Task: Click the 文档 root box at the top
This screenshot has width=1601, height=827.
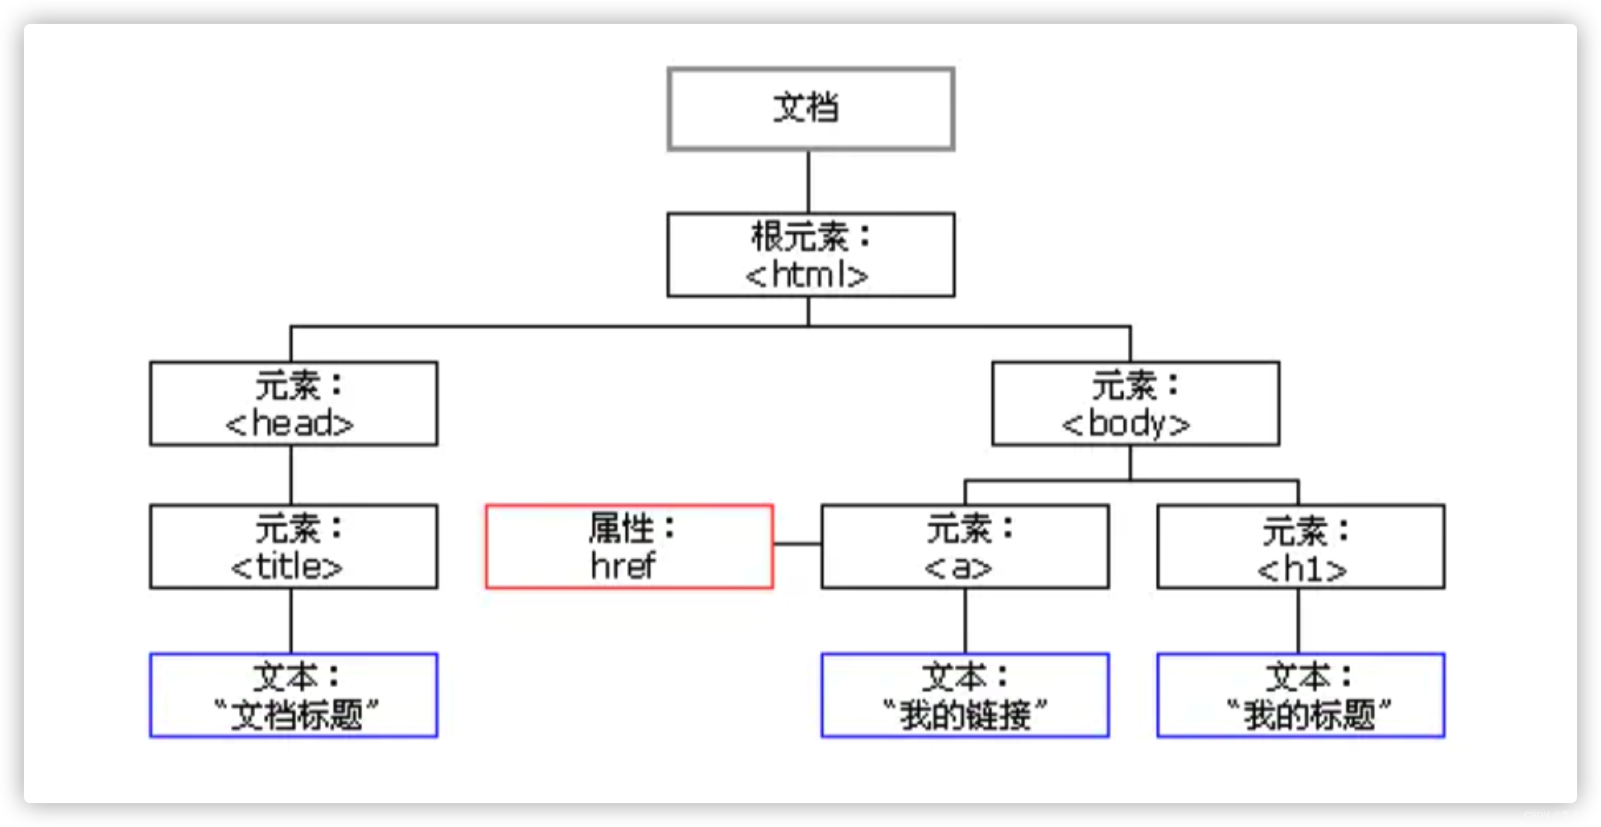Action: (810, 109)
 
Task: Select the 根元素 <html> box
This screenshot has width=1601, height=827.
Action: (810, 255)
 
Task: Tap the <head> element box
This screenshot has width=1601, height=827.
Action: (293, 404)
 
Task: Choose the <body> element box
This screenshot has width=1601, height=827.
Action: (1135, 404)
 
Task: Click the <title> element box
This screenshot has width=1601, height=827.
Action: (293, 547)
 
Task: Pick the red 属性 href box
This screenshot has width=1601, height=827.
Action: (629, 547)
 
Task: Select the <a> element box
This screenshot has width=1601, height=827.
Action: (965, 547)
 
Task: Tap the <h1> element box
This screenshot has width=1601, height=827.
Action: (1300, 547)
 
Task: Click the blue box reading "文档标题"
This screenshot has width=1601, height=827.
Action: (293, 696)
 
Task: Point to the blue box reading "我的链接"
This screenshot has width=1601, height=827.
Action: (965, 696)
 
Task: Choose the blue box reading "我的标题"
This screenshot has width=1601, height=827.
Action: (1300, 696)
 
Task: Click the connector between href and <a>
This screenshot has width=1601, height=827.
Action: (797, 544)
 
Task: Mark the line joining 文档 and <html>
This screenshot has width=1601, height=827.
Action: (809, 182)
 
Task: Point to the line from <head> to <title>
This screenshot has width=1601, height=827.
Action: (291, 476)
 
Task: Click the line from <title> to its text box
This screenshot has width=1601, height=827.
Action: (291, 621)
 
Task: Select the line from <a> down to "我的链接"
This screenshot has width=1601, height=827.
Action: (965, 621)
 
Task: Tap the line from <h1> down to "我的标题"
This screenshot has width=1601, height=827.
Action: (1299, 621)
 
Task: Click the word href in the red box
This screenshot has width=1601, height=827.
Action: (622, 567)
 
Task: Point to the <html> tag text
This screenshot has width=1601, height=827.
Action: (807, 275)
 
